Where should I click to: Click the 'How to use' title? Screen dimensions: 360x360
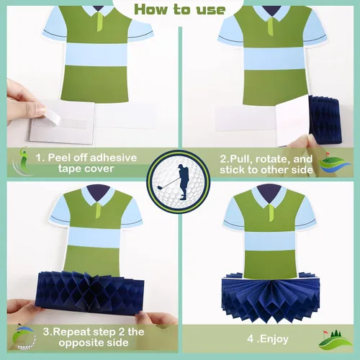[x=180, y=10]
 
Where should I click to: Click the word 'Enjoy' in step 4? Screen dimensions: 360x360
[x=274, y=339]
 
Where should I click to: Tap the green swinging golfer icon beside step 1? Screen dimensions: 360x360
[x=22, y=161]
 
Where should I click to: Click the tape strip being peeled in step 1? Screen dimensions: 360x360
[x=51, y=116]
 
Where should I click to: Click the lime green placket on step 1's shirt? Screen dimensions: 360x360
[x=100, y=22]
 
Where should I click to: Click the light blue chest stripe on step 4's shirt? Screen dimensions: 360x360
[x=269, y=240]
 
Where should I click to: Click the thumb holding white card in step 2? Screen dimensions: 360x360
[x=300, y=142]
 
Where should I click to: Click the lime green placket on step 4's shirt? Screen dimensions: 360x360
[x=272, y=213]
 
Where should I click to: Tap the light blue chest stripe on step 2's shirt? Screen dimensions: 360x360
[x=275, y=59]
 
